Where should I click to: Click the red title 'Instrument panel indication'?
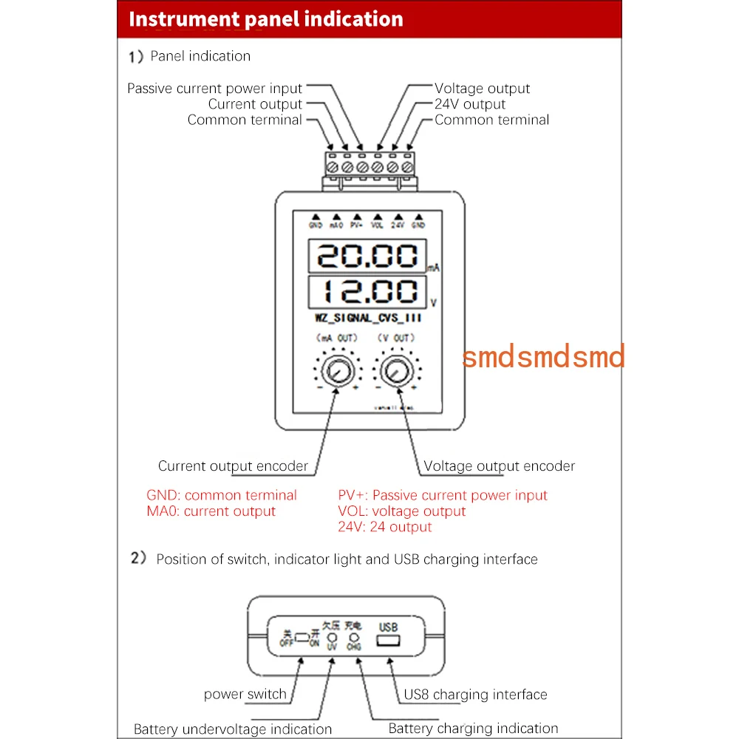click(266, 19)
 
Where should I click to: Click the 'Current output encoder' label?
click(233, 466)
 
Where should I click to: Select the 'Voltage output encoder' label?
click(499, 466)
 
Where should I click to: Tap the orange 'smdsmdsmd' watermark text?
click(543, 355)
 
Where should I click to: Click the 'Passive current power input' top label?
click(215, 89)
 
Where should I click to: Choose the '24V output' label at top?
click(470, 104)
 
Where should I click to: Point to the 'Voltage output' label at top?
click(482, 89)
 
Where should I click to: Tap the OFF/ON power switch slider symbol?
click(302, 637)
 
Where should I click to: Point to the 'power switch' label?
click(245, 694)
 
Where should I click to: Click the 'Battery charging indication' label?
click(473, 729)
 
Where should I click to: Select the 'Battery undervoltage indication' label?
click(233, 729)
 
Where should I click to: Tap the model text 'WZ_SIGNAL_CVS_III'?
click(367, 319)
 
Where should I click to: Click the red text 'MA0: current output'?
click(211, 511)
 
